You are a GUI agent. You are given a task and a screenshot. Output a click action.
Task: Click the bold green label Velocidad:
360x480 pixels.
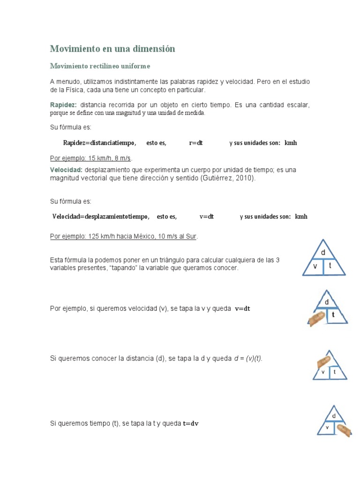66,170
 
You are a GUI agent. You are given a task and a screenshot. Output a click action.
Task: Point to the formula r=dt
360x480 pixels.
195,143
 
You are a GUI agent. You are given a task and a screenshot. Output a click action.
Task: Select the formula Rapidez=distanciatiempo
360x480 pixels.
99,143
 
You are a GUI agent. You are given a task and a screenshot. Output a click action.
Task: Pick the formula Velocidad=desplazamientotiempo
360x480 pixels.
101,217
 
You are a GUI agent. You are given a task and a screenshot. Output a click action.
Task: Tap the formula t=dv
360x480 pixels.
191,423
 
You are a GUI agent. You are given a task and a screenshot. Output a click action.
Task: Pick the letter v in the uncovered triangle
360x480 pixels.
315,266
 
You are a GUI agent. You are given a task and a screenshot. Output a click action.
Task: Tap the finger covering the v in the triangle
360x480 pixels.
317,318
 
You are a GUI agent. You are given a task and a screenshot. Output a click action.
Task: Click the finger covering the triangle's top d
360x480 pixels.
323,361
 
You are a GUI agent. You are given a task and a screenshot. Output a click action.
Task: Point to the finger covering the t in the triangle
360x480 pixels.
343,430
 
